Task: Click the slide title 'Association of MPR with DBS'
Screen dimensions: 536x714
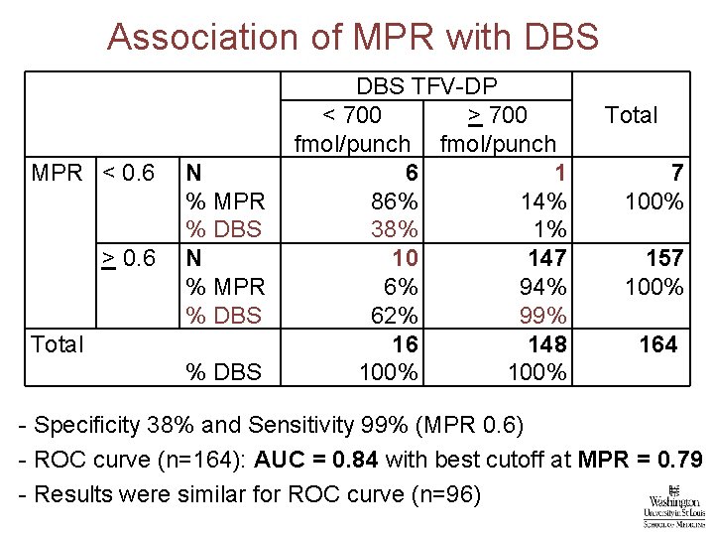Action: click(x=353, y=37)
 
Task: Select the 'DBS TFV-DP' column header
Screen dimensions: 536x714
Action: click(x=426, y=86)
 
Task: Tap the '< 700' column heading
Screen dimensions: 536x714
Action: click(x=352, y=115)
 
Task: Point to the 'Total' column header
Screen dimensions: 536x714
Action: click(x=631, y=115)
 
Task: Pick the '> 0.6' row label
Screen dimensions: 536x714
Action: click(x=128, y=259)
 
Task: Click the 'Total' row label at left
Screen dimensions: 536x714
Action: click(x=58, y=344)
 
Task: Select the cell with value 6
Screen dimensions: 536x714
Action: click(x=410, y=173)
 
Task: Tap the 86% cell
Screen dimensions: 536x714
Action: click(x=393, y=201)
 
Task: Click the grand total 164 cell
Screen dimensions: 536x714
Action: click(x=658, y=344)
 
